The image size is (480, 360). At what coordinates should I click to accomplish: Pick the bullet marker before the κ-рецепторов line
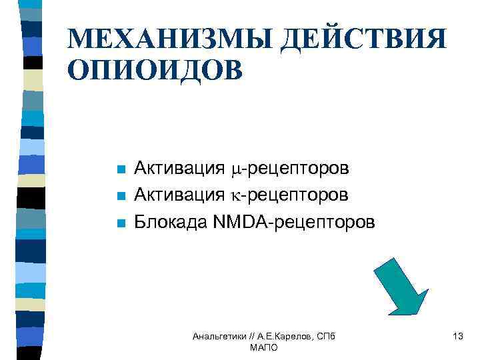(120, 196)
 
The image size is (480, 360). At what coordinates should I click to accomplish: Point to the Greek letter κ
(235, 195)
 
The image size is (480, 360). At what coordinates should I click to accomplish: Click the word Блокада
(171, 221)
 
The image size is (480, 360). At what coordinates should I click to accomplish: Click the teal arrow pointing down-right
(401, 285)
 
